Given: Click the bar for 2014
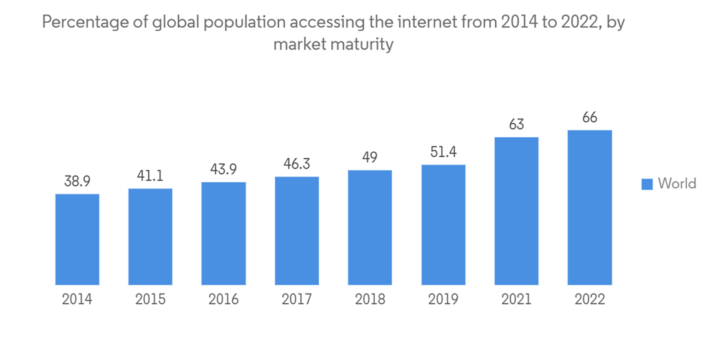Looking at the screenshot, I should [x=77, y=239].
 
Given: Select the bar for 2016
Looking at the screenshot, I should [x=223, y=234].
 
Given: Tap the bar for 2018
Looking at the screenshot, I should [x=370, y=227].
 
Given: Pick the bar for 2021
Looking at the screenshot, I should [x=516, y=211].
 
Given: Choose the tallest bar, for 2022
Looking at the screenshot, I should [x=590, y=207].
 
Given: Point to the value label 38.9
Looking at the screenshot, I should [x=77, y=181].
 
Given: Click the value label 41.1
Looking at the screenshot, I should [x=150, y=176].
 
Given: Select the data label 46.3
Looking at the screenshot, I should [x=296, y=164].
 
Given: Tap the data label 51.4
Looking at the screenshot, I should [x=443, y=152].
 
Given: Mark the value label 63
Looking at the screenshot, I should [x=516, y=124].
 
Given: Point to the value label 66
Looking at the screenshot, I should [x=590, y=118].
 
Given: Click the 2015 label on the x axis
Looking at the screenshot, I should [x=150, y=299].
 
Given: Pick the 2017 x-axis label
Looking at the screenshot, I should [x=296, y=299].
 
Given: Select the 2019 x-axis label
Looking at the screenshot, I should [x=443, y=299].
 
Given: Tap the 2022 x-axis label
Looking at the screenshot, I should [x=590, y=299].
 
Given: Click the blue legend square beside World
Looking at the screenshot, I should [x=647, y=184].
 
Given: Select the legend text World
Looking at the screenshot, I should [x=677, y=184].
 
